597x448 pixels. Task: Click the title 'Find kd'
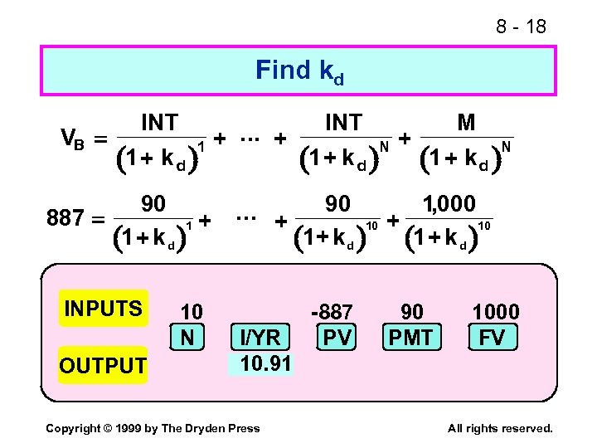tap(299, 71)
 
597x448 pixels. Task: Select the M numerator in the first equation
tap(466, 123)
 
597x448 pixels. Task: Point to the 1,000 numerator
tap(449, 203)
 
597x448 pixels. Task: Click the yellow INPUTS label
tap(103, 309)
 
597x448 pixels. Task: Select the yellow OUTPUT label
tap(102, 365)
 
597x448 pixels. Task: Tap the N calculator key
tap(191, 336)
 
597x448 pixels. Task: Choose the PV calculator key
tap(336, 338)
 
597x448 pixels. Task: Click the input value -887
tap(332, 312)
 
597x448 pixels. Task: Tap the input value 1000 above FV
tap(495, 312)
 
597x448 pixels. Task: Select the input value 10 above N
tap(191, 312)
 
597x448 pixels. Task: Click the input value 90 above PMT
tap(411, 312)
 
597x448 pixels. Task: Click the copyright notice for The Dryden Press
tap(153, 428)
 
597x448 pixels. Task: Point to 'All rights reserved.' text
tap(499, 428)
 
